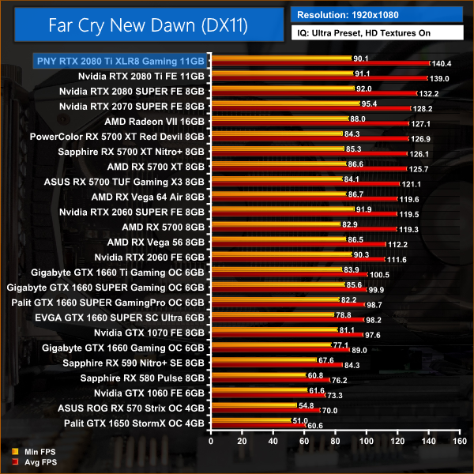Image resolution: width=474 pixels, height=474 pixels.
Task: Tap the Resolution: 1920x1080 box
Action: pyautogui.click(x=377, y=13)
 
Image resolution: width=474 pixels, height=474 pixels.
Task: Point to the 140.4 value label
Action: pyautogui.click(x=440, y=64)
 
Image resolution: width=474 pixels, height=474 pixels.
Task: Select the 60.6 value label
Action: pyautogui.click(x=314, y=425)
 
